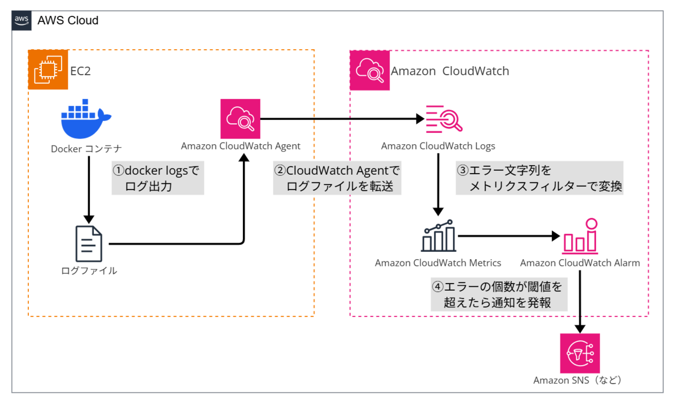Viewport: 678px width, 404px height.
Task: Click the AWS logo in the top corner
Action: pos(22,20)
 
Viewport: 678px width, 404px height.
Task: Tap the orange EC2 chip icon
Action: pos(48,70)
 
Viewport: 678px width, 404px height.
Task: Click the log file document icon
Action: pos(89,244)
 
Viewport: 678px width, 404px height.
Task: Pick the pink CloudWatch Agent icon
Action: pos(240,119)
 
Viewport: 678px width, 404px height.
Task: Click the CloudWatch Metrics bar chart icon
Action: pos(438,236)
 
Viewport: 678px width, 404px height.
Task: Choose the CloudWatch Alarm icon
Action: pos(580,236)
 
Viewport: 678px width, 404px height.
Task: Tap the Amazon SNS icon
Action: pos(580,353)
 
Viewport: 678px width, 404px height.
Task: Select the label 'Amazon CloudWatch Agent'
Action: pos(241,146)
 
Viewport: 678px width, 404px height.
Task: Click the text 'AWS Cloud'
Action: pos(68,20)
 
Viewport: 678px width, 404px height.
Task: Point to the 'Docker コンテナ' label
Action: pos(86,149)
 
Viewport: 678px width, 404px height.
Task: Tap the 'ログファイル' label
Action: pos(89,270)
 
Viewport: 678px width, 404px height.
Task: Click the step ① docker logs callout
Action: pos(158,178)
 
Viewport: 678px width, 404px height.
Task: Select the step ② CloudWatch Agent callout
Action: pos(337,178)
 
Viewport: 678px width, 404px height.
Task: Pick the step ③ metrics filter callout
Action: pos(539,178)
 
